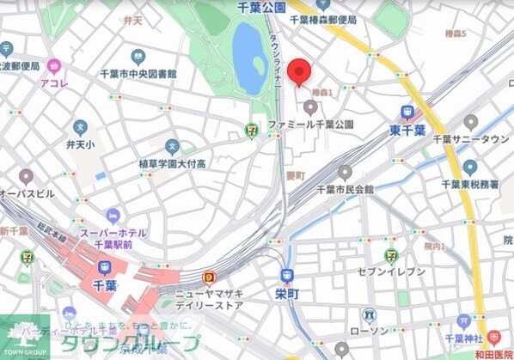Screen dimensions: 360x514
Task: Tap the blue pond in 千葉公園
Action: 248,58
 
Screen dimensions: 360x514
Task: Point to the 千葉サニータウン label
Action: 471,139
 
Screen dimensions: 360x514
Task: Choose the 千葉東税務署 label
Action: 471,184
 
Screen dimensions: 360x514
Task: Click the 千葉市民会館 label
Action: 345,189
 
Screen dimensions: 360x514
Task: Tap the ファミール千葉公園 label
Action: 310,125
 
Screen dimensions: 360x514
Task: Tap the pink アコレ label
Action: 55,83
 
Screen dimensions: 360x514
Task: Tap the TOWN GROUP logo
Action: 24,339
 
